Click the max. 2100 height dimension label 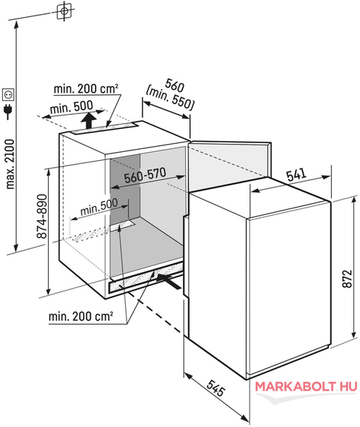coord(10,164)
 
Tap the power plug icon coord(8,112)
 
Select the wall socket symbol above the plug coord(8,94)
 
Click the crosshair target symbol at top coord(64,11)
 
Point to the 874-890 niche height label coord(42,216)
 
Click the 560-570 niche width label coord(145,175)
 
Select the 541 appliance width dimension coord(296,174)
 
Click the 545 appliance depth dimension coord(216,388)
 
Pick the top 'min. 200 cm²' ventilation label coord(86,88)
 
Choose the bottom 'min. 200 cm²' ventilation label coord(81,316)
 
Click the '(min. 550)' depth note coord(170,99)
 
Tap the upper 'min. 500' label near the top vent coord(71,107)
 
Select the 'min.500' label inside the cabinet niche coord(99,206)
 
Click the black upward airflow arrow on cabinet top coord(89,121)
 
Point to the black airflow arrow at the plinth coord(169,281)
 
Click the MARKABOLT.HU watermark coord(306,387)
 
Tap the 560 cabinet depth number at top coord(174,85)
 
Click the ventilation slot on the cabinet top coord(104,128)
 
